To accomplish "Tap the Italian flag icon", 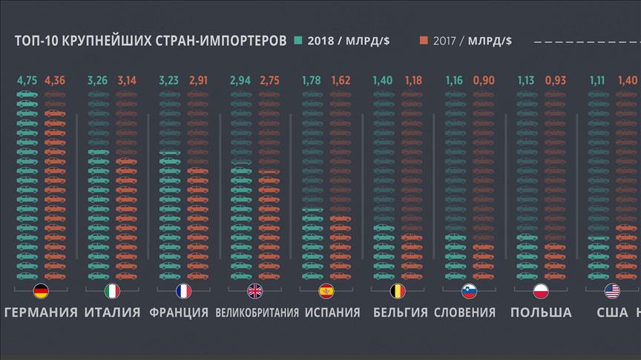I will tap(112, 291).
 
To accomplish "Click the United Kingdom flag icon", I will tap(255, 291).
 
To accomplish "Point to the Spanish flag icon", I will tap(326, 291).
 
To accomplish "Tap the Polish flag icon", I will tap(540, 291).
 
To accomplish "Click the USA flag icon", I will tap(612, 291).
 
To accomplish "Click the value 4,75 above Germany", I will tap(26, 80).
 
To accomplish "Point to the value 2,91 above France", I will tap(198, 80).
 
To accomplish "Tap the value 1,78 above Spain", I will tap(312, 80).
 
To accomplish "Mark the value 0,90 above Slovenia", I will tap(482, 80).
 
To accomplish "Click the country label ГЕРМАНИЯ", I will tap(41, 312).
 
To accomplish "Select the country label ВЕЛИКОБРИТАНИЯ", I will tap(257, 312).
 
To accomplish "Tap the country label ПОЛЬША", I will tap(541, 312).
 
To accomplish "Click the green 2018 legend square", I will tap(298, 40).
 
